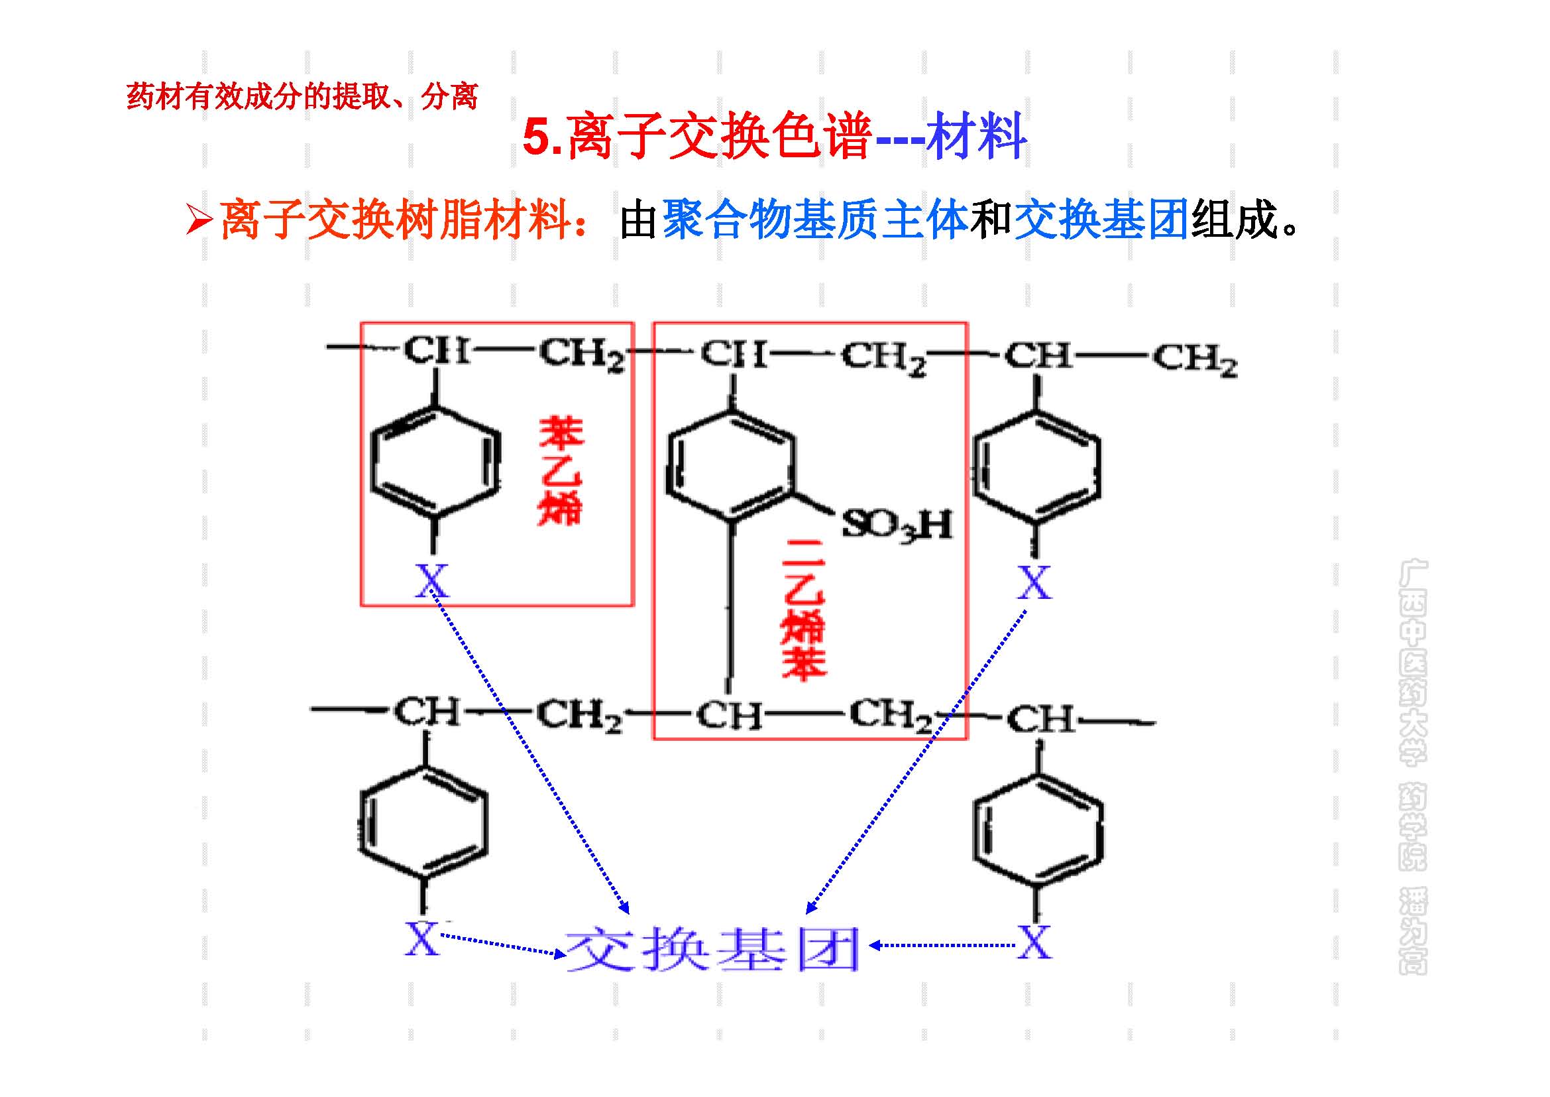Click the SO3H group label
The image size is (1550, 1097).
coord(897,524)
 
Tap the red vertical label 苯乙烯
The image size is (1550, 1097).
coord(560,471)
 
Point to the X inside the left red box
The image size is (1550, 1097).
coord(431,580)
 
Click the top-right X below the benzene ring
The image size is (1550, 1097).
coord(1034,582)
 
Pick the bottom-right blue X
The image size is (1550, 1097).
coord(1034,942)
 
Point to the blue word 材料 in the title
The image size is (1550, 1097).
coord(976,137)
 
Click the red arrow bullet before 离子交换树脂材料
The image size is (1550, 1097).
coord(199,220)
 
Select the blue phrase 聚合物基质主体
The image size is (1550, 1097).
coord(815,220)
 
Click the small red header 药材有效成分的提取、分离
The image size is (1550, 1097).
coord(302,97)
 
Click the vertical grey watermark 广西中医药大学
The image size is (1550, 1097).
coord(1412,662)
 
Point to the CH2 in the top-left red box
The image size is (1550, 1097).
coord(581,355)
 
